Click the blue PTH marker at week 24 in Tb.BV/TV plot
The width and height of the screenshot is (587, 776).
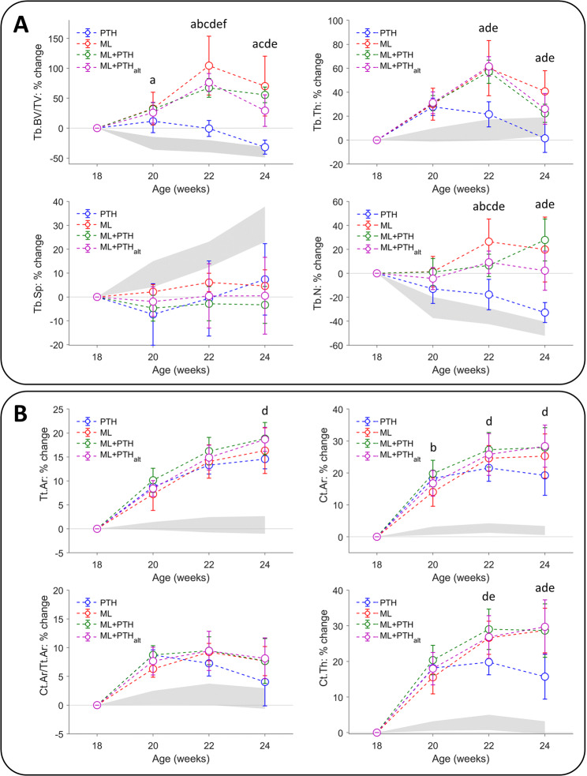click(x=264, y=147)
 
